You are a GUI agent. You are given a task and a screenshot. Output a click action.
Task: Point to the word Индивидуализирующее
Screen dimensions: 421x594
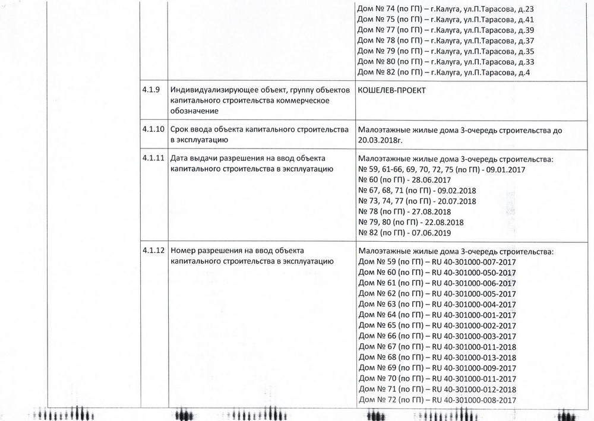(x=211, y=90)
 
